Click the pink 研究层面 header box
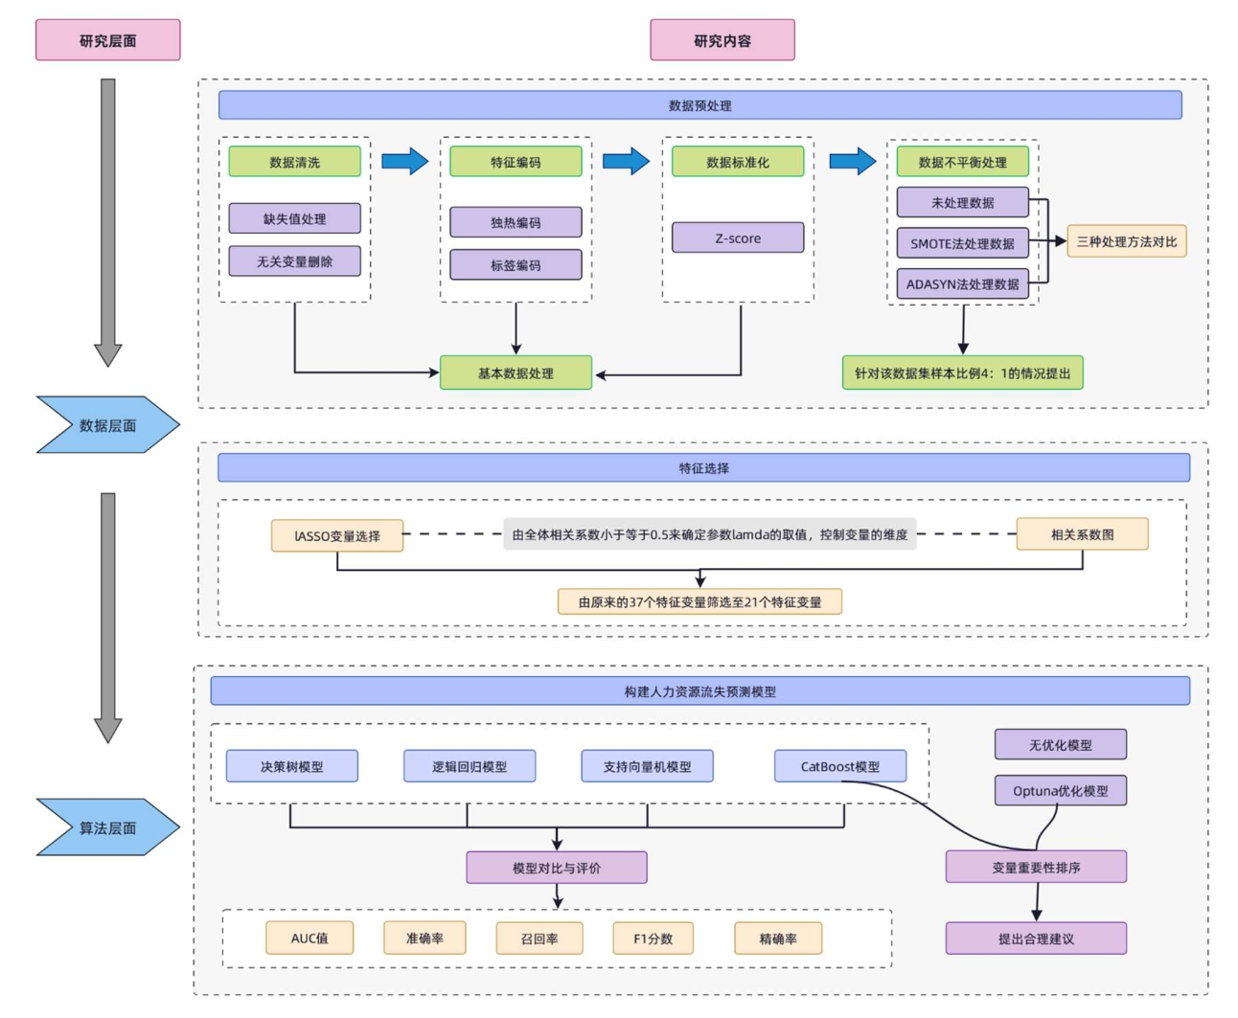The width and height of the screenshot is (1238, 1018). [107, 40]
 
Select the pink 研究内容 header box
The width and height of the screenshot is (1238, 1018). [722, 40]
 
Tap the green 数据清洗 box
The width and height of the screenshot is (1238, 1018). [294, 162]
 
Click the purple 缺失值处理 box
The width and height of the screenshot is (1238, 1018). [294, 218]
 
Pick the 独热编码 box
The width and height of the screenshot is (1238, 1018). [516, 222]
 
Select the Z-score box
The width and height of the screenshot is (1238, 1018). [737, 238]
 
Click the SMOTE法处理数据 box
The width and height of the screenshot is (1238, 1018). [962, 243]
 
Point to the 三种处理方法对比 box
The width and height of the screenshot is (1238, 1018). [1126, 241]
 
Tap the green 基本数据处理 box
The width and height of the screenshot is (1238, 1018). [516, 373]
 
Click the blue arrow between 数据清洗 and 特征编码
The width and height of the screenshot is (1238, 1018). [404, 161]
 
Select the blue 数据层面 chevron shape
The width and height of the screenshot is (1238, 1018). [107, 424]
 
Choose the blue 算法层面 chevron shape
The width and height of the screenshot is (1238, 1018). [107, 826]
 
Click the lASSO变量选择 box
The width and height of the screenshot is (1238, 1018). [336, 535]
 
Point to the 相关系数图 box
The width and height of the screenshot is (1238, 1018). [1082, 534]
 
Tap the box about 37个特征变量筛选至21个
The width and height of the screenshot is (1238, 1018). [699, 601]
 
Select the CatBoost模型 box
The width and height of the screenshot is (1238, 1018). [839, 766]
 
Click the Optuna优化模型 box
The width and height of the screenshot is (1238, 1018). [1060, 790]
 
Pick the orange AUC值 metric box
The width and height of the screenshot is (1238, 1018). [309, 938]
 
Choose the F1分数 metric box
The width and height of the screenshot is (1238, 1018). [653, 938]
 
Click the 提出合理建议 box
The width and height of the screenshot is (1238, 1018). [1036, 939]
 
